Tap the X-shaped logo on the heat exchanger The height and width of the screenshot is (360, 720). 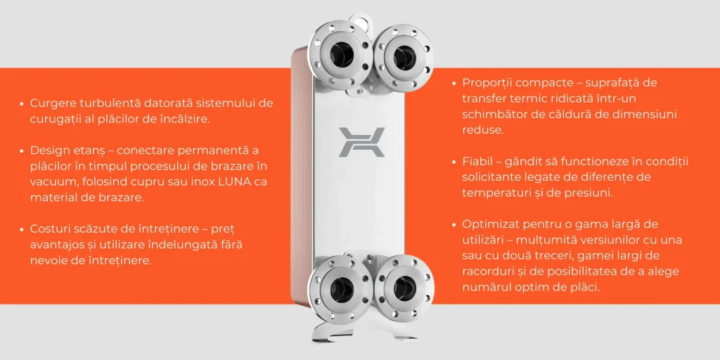pyautogui.click(x=361, y=143)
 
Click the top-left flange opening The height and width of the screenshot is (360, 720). pyautogui.click(x=341, y=54)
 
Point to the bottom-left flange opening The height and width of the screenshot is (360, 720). pyautogui.click(x=341, y=289)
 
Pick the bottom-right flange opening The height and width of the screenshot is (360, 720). pyautogui.click(x=404, y=289)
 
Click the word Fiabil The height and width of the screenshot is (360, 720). pyautogui.click(x=477, y=162)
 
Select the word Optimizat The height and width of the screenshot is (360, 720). pyautogui.click(x=488, y=224)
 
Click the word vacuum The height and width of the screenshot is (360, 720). pyautogui.click(x=51, y=182)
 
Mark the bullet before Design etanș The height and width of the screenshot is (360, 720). pyautogui.click(x=22, y=151)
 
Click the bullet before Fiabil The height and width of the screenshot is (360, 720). pyautogui.click(x=454, y=162)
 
